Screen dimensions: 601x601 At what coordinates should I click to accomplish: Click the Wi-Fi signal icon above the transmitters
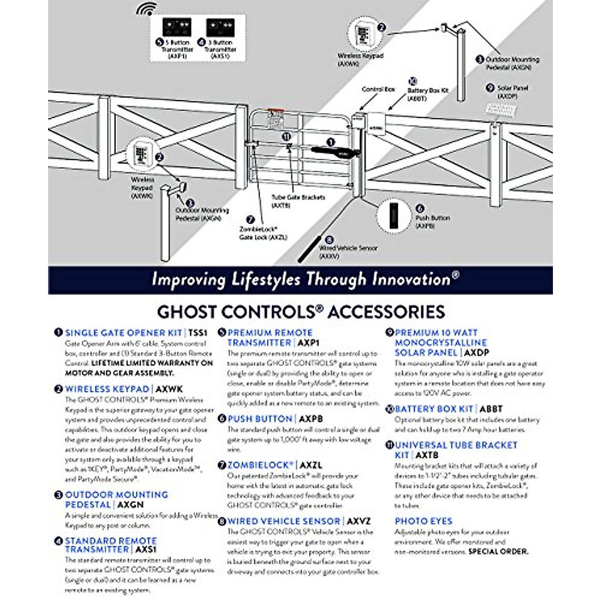pyautogui.click(x=147, y=10)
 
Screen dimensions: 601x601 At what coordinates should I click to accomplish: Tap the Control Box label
pyautogui.click(x=378, y=89)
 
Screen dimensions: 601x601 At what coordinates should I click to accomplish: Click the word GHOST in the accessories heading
pyautogui.click(x=186, y=312)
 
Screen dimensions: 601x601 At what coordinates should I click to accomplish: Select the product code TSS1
pyautogui.click(x=197, y=333)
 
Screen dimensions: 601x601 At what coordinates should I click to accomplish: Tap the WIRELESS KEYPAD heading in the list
pyautogui.click(x=107, y=389)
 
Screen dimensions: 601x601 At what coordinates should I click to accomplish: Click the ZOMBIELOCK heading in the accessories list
pyautogui.click(x=260, y=465)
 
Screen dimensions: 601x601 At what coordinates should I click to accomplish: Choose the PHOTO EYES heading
pyautogui.click(x=423, y=521)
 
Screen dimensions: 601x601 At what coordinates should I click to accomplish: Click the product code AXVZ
pyautogui.click(x=359, y=521)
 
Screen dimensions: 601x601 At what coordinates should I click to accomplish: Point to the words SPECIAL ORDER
pyautogui.click(x=498, y=551)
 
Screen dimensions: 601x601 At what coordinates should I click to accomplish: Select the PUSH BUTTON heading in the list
pyautogui.click(x=260, y=419)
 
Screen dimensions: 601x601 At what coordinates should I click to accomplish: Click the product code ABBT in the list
pyautogui.click(x=491, y=409)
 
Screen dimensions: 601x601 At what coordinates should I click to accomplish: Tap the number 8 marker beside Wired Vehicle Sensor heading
pyautogui.click(x=222, y=521)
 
